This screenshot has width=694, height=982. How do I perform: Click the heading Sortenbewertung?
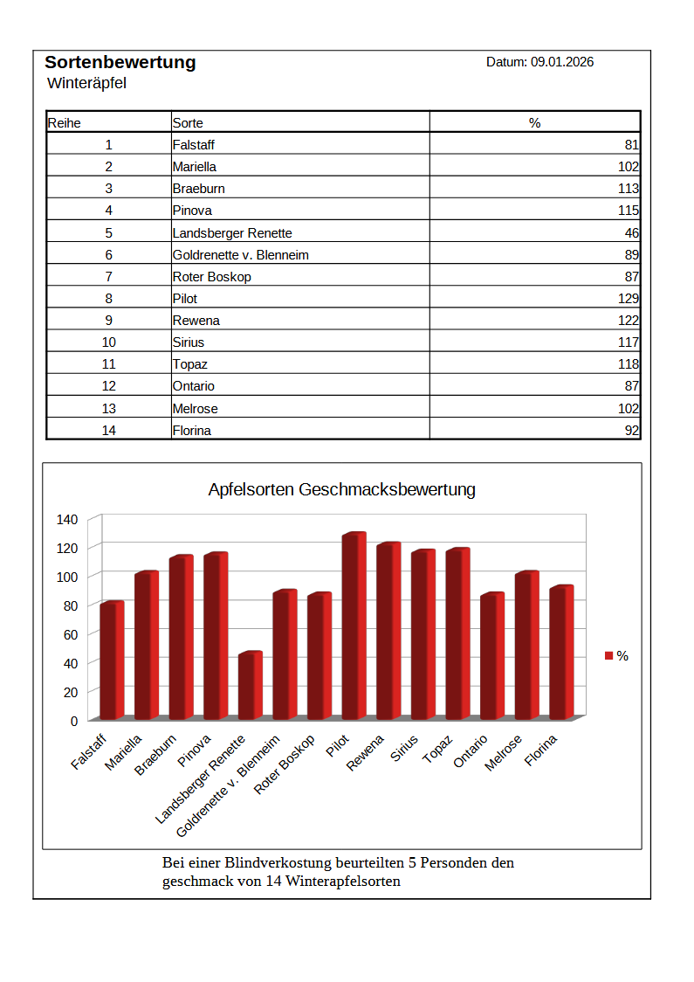pyautogui.click(x=120, y=62)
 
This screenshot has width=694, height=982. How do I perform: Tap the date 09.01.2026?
pyautogui.click(x=562, y=62)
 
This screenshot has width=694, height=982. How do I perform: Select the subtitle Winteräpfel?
pyautogui.click(x=86, y=84)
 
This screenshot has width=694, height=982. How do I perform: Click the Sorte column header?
pyautogui.click(x=188, y=123)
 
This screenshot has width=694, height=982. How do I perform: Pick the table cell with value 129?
pyautogui.click(x=628, y=299)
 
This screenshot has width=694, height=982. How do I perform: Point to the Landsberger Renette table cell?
pyautogui.click(x=232, y=233)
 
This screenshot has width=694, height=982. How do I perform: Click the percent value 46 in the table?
pyautogui.click(x=632, y=233)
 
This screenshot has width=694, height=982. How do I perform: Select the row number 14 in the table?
pyautogui.click(x=108, y=430)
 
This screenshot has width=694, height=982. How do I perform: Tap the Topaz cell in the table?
pyautogui.click(x=190, y=364)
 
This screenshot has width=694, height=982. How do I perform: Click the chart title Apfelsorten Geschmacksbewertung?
pyautogui.click(x=341, y=489)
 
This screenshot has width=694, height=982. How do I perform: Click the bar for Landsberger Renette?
pyautogui.click(x=250, y=686)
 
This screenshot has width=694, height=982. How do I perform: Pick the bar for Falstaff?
pyautogui.click(x=112, y=660)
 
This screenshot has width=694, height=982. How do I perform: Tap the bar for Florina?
pyautogui.click(x=561, y=653)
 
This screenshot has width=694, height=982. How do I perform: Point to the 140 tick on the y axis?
pyautogui.click(x=68, y=519)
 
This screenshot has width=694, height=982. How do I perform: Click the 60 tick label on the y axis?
pyautogui.click(x=71, y=634)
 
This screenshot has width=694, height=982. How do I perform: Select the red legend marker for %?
pyautogui.click(x=609, y=656)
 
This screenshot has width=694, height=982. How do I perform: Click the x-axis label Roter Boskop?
pyautogui.click(x=286, y=764)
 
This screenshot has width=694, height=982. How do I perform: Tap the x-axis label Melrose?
pyautogui.click(x=505, y=752)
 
